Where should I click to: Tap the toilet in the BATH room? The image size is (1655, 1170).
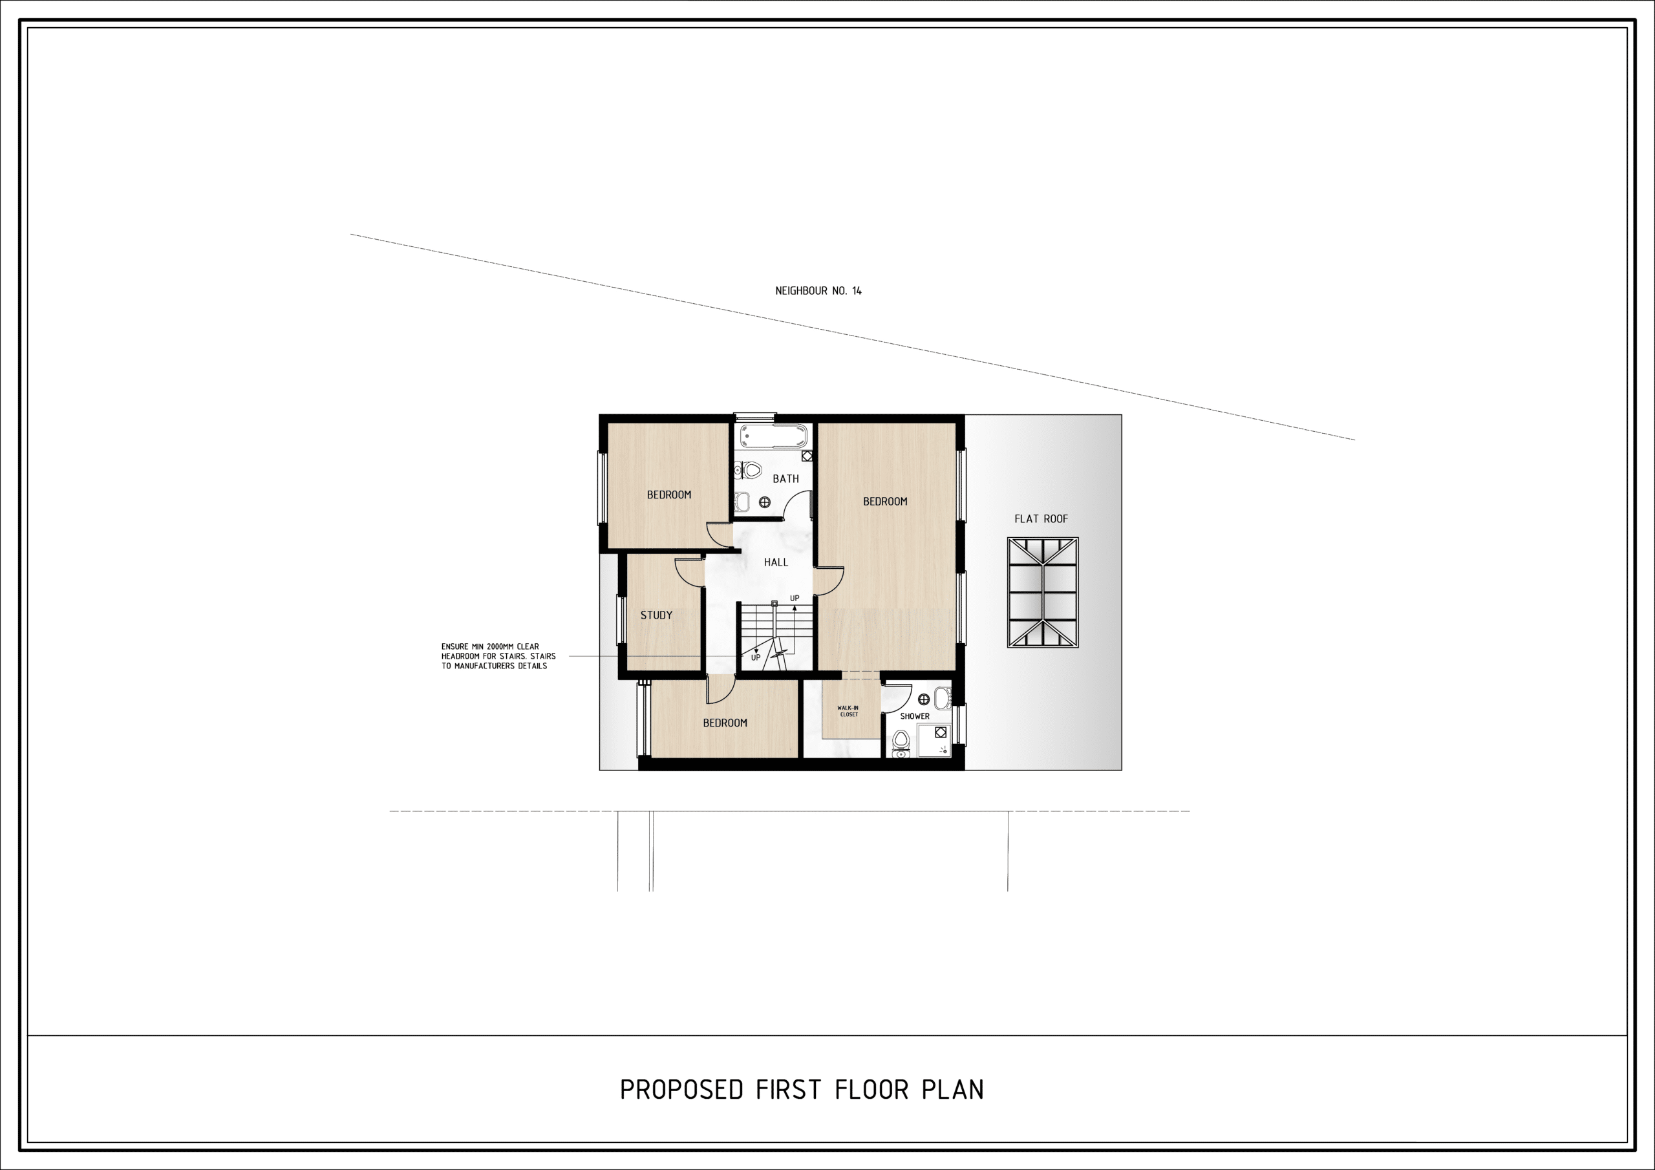click(749, 471)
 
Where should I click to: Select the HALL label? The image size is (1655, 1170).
click(776, 562)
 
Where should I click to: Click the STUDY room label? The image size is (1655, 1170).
click(656, 615)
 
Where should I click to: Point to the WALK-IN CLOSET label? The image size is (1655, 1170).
click(848, 711)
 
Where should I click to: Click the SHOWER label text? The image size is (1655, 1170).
click(915, 716)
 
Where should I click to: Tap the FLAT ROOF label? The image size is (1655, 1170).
click(1041, 518)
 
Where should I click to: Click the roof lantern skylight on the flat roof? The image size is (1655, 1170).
click(1042, 592)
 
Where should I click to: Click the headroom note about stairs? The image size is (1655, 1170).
click(498, 656)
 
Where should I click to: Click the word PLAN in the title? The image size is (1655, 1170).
click(953, 1089)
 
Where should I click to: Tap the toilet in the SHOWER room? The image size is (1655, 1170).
click(901, 743)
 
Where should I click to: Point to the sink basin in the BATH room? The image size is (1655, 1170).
click(743, 502)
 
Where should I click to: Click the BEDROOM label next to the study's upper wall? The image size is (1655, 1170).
click(668, 495)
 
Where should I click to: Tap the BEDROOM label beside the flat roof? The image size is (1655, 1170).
click(885, 501)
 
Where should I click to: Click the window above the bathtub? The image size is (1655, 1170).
click(754, 415)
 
